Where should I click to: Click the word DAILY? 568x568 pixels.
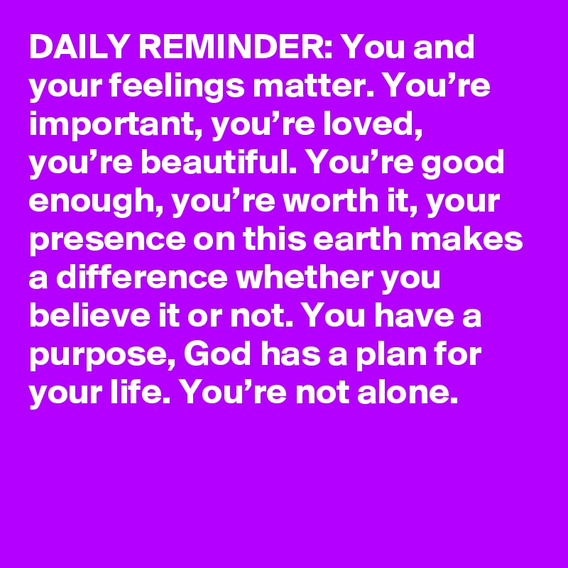tap(79, 47)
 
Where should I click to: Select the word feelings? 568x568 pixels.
tap(176, 87)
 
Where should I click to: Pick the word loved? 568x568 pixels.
tap(373, 125)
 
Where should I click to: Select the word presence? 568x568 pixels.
tap(107, 241)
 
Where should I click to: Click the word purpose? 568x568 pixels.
tap(102, 357)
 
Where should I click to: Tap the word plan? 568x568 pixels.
tap(391, 357)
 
